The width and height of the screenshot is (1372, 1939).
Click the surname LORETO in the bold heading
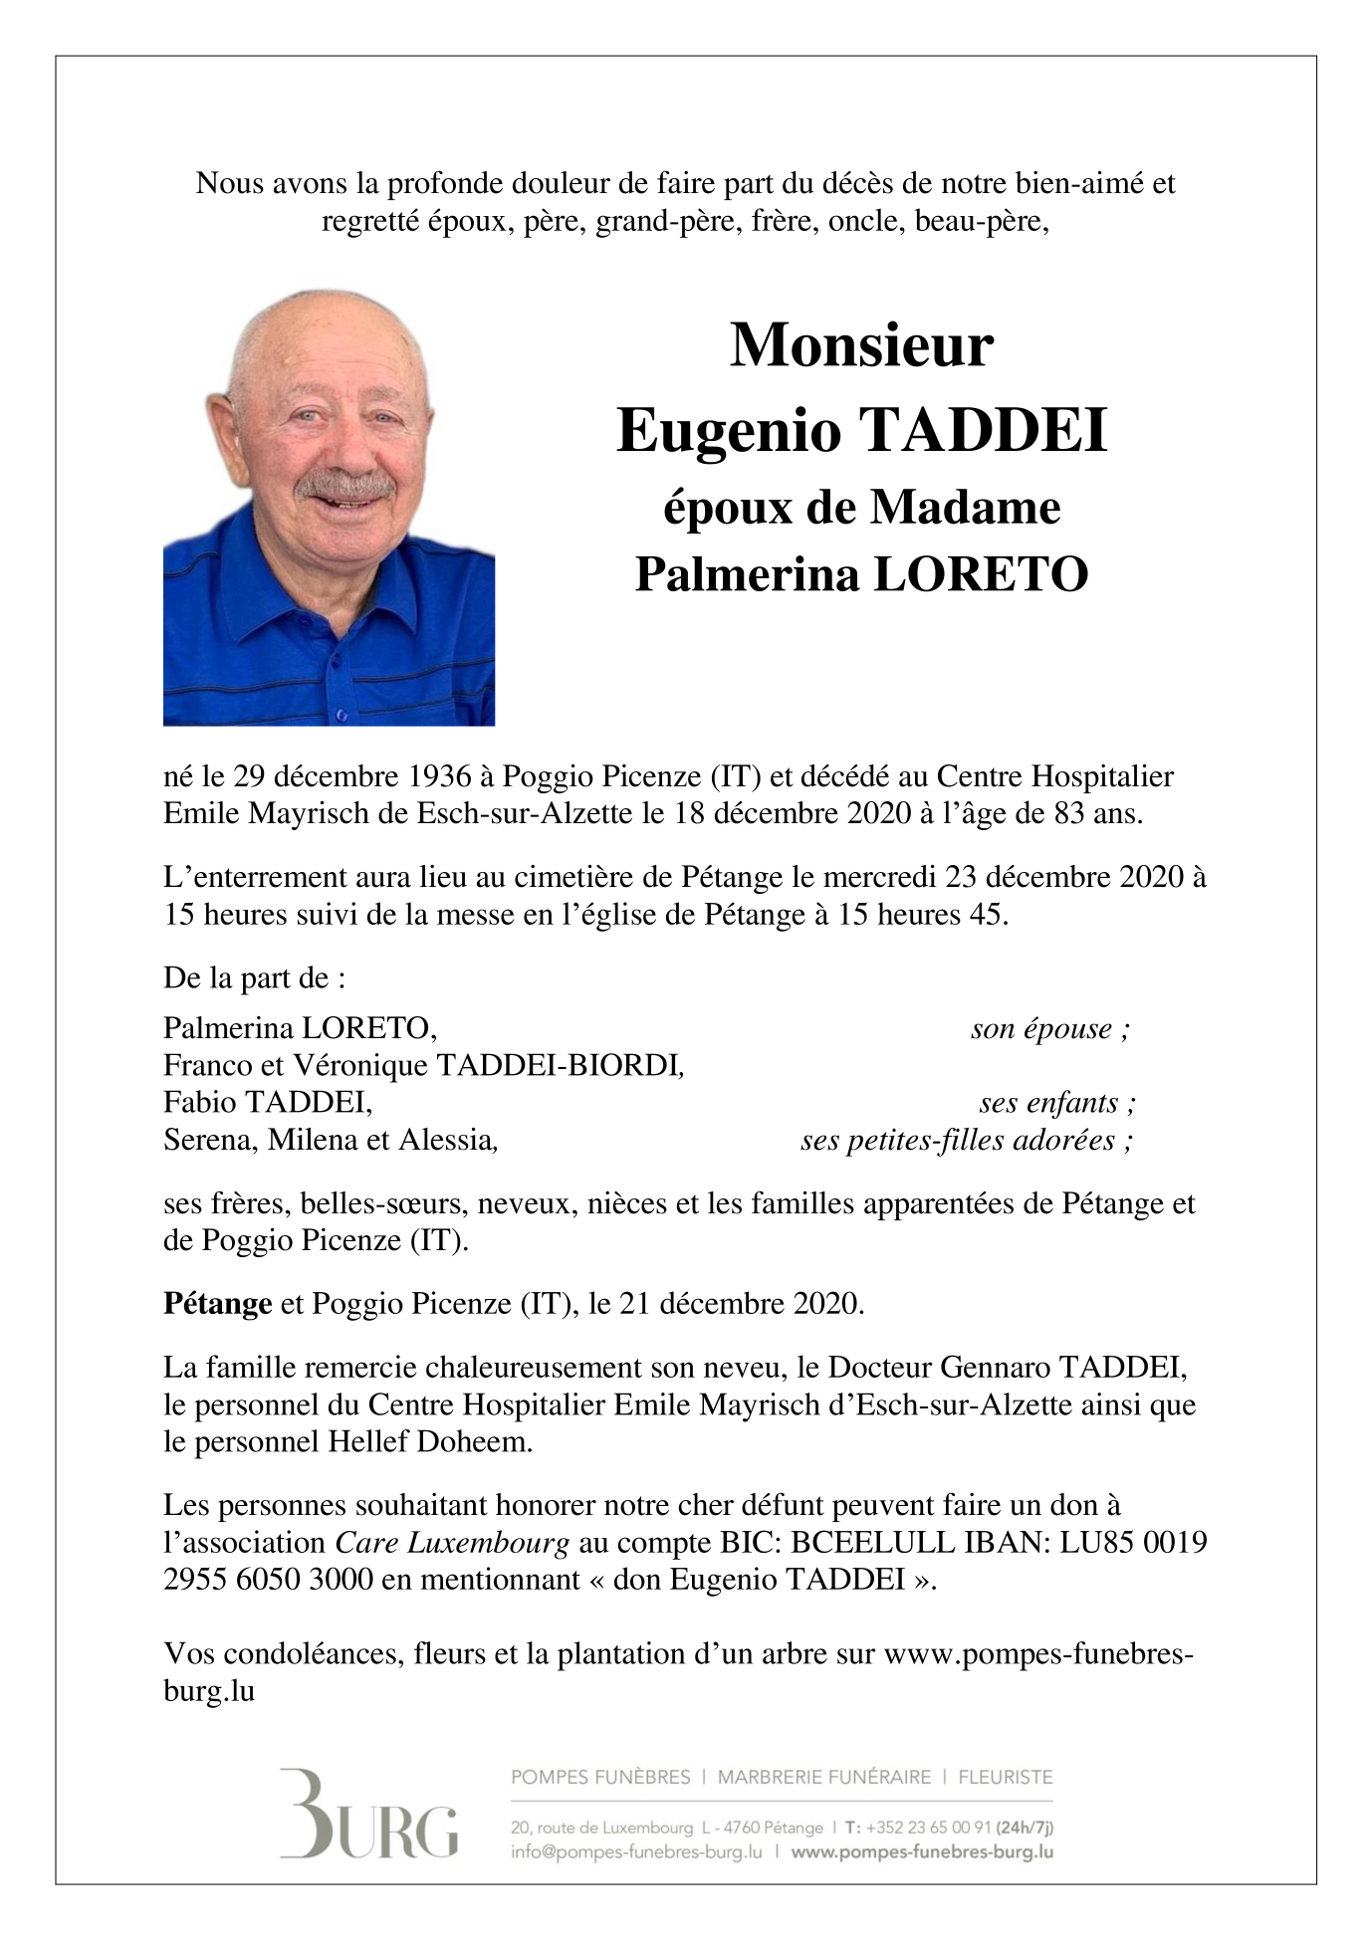[x=981, y=574]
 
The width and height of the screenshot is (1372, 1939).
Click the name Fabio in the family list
[x=199, y=1103]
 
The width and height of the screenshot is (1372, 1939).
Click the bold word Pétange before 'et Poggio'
[x=217, y=1304]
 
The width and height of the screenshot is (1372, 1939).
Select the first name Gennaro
[x=986, y=1368]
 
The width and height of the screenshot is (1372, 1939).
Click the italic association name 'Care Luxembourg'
[x=452, y=1544]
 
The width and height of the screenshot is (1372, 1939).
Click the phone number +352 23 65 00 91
[x=927, y=1828]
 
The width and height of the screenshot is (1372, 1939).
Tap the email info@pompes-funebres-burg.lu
[x=636, y=1852]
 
